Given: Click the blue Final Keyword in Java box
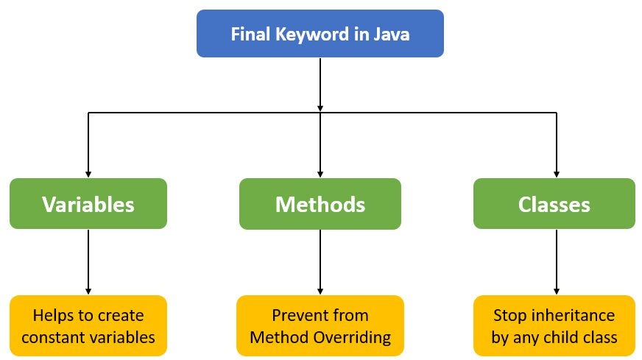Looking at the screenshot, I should click(x=320, y=33).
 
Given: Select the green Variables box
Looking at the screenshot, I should click(x=88, y=204).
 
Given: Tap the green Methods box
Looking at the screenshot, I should click(x=320, y=204).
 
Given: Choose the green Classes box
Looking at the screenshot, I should click(x=554, y=204).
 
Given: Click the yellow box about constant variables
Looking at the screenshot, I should click(x=88, y=326).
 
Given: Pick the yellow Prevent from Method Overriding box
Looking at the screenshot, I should click(x=320, y=326).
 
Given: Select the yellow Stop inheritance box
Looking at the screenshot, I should click(x=554, y=326).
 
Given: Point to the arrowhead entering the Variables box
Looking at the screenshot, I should click(x=88, y=174).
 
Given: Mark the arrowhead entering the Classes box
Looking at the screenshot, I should click(x=556, y=174).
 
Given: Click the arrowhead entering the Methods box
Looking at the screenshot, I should click(x=320, y=174).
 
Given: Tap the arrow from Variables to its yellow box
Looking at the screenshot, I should click(x=88, y=261).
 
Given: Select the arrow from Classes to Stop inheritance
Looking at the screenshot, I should click(x=556, y=261).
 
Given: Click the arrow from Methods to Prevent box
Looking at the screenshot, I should click(x=320, y=261).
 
